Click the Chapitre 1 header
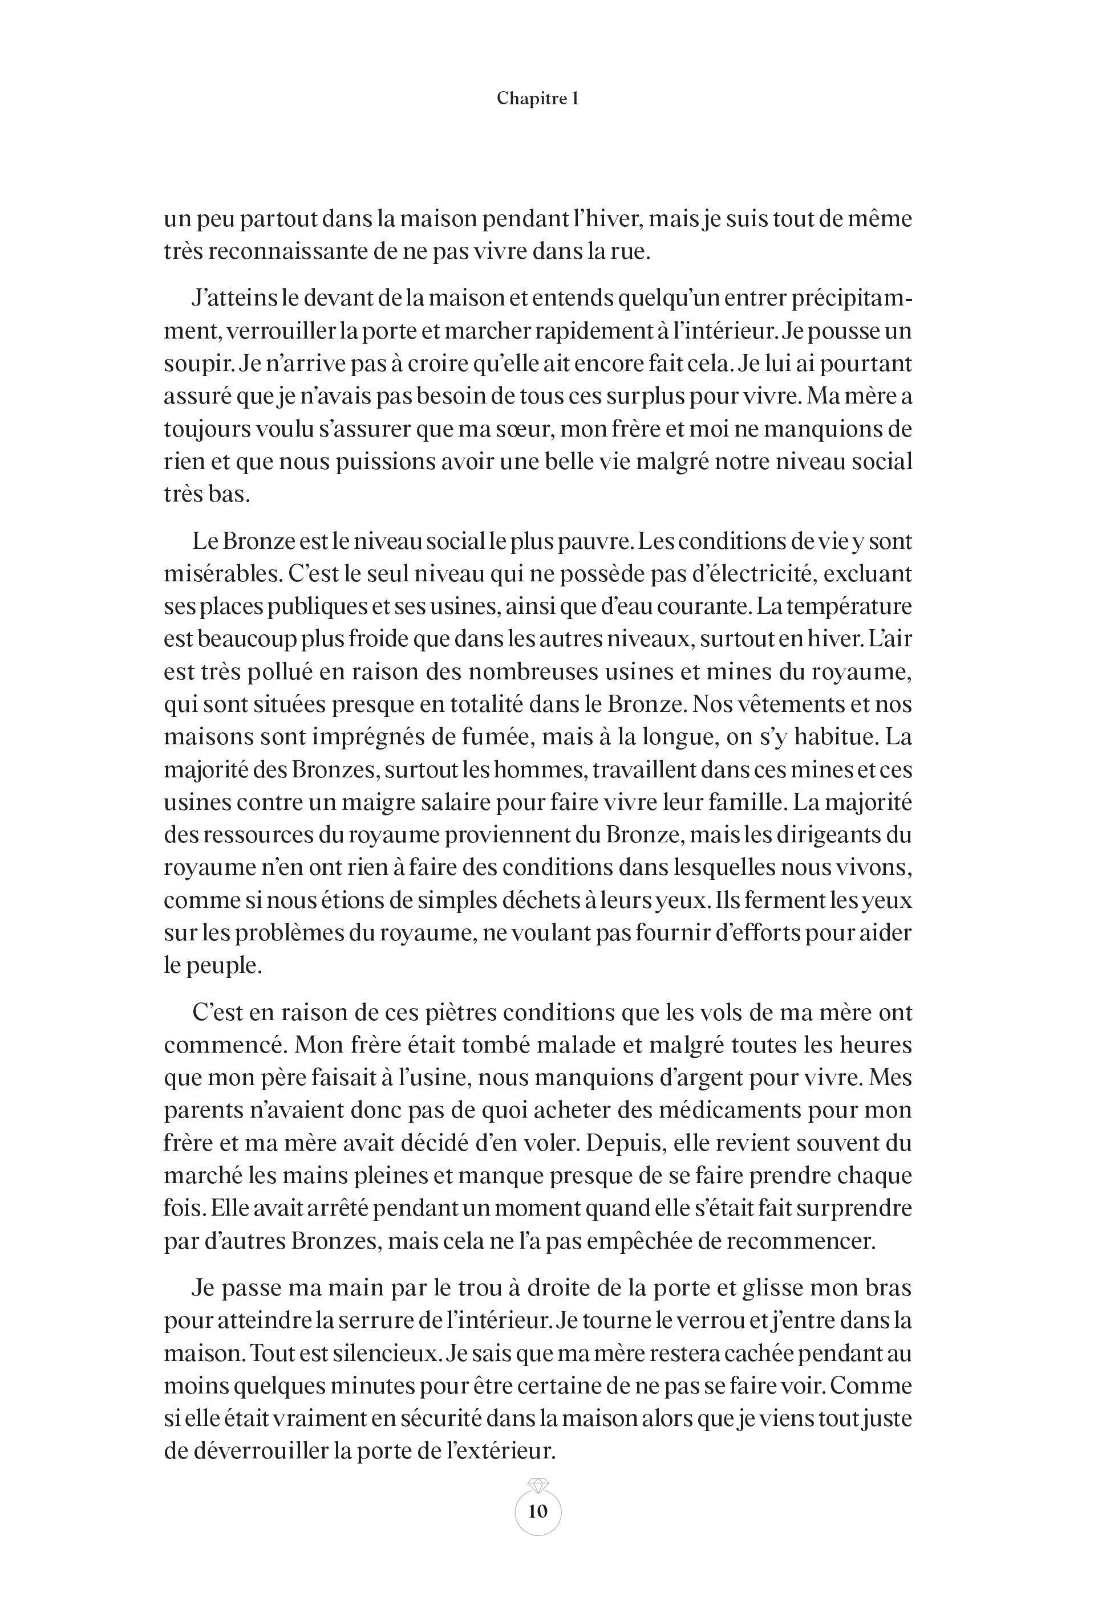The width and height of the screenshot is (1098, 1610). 537,99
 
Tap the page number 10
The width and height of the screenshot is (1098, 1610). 538,1511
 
